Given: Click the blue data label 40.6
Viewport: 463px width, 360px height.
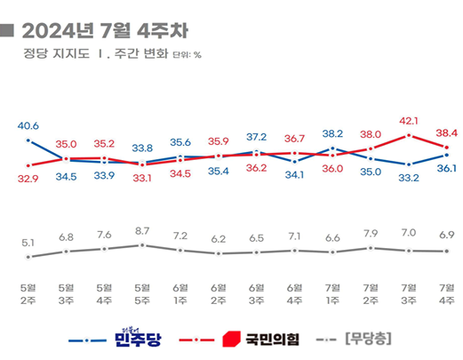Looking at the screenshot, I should pos(29,126).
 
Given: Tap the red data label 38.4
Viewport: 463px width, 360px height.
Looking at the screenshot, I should pos(445,132).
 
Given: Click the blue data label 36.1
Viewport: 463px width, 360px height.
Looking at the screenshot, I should pos(445,168).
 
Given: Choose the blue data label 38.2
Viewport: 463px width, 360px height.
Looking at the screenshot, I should pos(332,133).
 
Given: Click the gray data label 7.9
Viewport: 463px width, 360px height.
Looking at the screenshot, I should pos(370,234).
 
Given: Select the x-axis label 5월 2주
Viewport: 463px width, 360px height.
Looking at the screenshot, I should pos(29,292).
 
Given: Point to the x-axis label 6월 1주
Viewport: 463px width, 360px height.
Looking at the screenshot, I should pos(180,292).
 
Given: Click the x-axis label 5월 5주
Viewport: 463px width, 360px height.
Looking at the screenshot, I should pos(142,292).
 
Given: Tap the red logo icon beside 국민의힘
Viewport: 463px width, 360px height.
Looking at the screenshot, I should pos(230,339).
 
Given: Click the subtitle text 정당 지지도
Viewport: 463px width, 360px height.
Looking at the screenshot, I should pos(54,60).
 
